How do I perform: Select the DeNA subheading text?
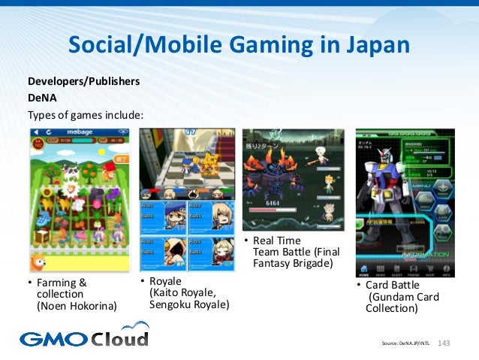[x=43, y=98]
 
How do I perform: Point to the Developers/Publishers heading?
[x=83, y=81]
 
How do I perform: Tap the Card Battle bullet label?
[x=391, y=285]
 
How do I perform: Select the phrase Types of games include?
[x=85, y=114]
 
